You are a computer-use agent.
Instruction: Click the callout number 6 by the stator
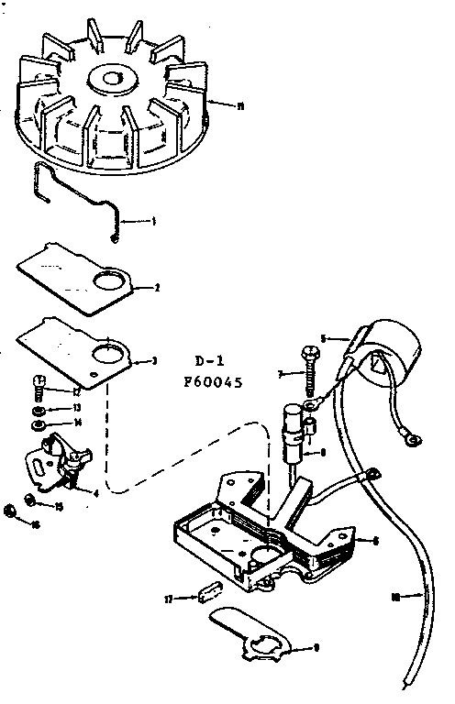pyautogui.click(x=377, y=541)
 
